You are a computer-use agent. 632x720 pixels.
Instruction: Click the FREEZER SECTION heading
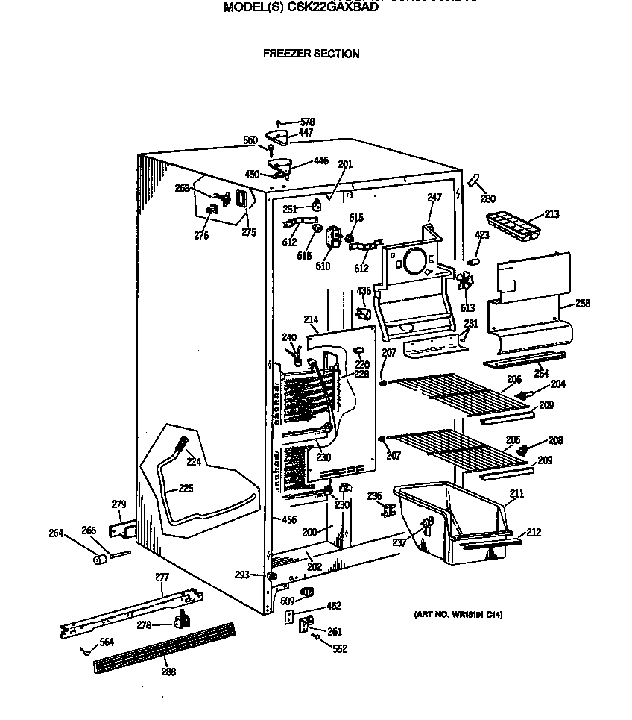[x=312, y=54]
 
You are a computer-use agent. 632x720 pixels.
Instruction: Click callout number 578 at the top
[x=307, y=122]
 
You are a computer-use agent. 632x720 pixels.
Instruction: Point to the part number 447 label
[x=306, y=133]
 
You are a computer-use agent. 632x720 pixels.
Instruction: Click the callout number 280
[x=487, y=198]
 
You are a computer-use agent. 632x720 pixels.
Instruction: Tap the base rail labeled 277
[x=127, y=612]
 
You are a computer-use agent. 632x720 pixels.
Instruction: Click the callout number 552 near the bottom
[x=340, y=649]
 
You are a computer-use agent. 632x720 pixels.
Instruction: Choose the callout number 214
[x=312, y=319]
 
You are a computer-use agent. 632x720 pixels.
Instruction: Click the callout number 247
[x=434, y=198]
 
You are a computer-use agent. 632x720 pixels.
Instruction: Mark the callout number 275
[x=248, y=232]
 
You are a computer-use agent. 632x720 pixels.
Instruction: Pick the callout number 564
[x=107, y=642]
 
